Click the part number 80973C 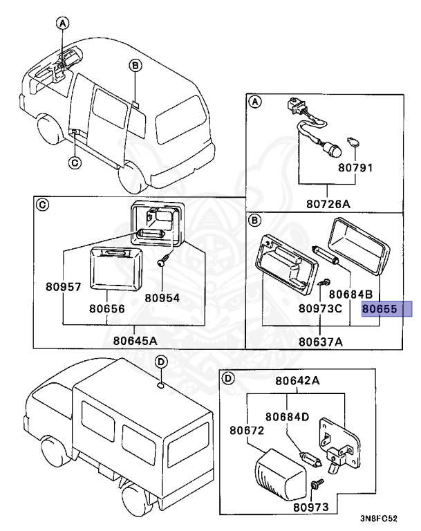[x=320, y=309]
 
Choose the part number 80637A [x=321, y=341]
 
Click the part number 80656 [x=107, y=309]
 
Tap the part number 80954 [x=162, y=297]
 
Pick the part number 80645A [x=135, y=339]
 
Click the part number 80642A [x=297, y=380]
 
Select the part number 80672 [x=247, y=431]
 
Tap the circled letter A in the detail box [x=254, y=102]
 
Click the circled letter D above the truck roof [x=159, y=362]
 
